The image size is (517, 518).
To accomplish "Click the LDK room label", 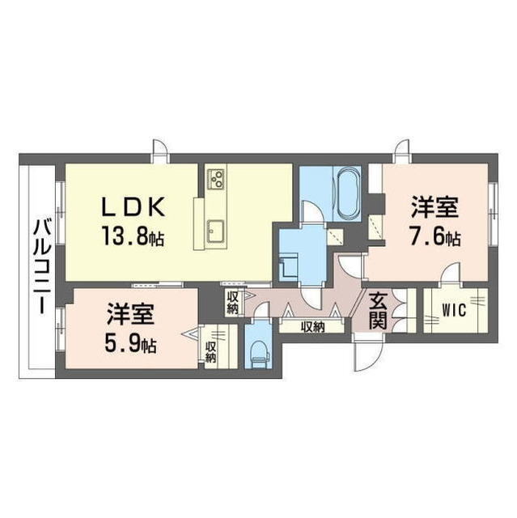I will (134, 206).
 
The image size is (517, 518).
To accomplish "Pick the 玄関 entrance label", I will (379, 311).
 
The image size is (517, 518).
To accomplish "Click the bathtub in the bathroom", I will (349, 193).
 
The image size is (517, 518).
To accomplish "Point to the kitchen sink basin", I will (216, 231).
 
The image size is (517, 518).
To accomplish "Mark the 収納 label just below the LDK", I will (232, 303).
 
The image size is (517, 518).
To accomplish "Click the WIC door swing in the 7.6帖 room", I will (449, 274).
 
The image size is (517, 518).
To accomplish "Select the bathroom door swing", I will (312, 211).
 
